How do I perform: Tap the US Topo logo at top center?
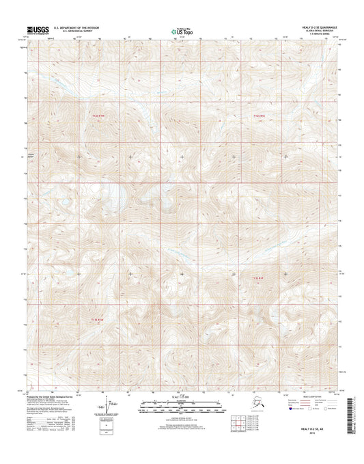[180, 31]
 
